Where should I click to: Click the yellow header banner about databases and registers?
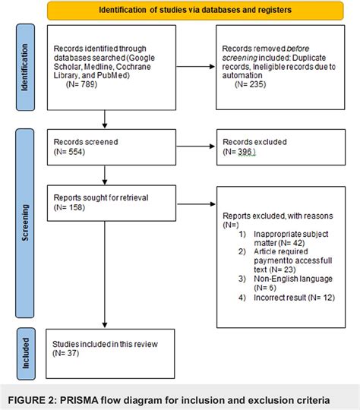tap(201, 11)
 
